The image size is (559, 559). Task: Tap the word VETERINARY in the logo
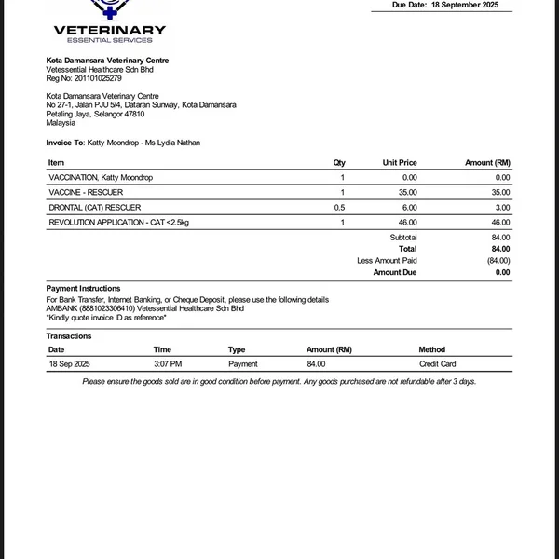point(110,30)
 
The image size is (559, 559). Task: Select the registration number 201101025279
point(98,79)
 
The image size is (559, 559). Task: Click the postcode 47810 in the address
point(134,115)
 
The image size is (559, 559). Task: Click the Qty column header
point(339,163)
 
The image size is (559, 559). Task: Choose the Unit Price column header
point(400,163)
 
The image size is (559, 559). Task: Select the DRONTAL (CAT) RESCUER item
point(94,207)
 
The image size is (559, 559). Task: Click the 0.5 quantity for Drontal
point(339,207)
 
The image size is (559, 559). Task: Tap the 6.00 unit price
point(410,207)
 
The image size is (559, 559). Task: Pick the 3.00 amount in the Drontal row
point(502,207)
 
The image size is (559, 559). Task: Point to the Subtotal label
point(403,238)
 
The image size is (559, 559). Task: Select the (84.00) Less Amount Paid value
point(498,261)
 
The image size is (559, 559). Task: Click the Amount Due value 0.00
point(502,273)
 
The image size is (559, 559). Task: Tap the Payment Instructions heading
point(83,289)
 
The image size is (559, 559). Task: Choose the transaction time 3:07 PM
point(168,364)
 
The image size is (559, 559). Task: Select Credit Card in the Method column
point(438,364)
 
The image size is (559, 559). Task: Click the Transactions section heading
point(69,336)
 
